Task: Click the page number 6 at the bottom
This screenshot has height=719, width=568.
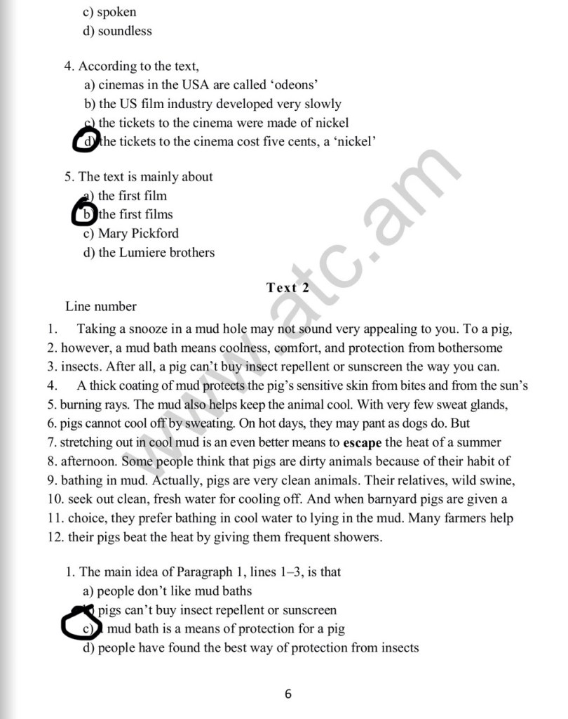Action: [x=288, y=694]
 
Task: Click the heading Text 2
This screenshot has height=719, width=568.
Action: [x=288, y=287]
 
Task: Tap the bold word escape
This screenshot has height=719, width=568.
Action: [x=362, y=442]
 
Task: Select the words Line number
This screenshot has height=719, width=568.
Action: [x=101, y=306]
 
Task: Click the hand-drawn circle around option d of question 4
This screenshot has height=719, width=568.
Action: [x=86, y=141]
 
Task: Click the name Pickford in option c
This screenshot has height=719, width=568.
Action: [x=155, y=233]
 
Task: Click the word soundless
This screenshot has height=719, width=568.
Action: [x=125, y=31]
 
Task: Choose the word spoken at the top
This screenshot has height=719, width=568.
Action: [x=116, y=12]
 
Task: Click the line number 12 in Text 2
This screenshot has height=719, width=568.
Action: [x=55, y=537]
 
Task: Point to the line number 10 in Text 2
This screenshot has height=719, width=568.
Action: [x=55, y=499]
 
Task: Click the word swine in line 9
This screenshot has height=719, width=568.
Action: [x=497, y=480]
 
